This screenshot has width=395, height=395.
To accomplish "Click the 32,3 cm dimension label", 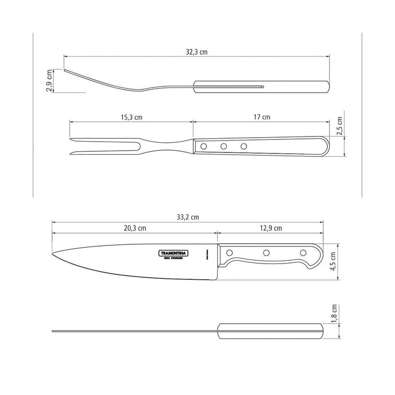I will (x=196, y=51).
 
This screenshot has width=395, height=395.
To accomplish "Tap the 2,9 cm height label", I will (x=50, y=80).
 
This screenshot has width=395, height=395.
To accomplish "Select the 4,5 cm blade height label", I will (x=333, y=262).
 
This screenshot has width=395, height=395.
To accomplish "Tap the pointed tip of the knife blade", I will (x=52, y=253).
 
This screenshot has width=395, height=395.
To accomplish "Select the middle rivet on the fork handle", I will (x=224, y=147).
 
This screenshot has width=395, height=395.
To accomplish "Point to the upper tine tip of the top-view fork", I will (x=70, y=138).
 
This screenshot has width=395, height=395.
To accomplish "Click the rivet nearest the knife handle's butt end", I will (x=303, y=252).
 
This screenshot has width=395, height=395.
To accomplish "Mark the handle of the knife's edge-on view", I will (x=270, y=331).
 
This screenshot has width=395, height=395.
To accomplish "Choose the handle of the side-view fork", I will (x=261, y=87).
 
